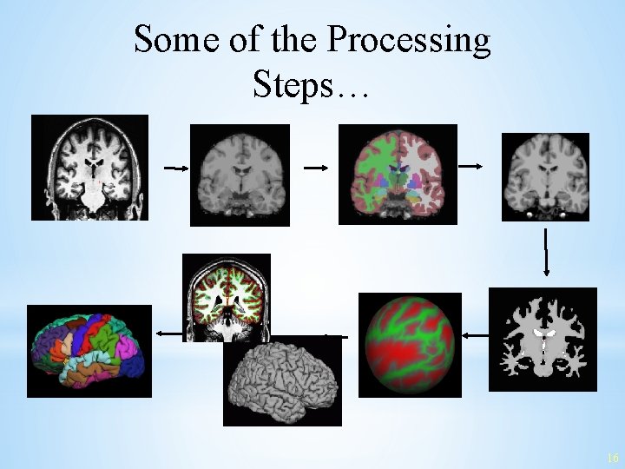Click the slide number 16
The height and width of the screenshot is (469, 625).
pyautogui.click(x=613, y=458)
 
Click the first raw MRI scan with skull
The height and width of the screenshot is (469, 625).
pyautogui.click(x=89, y=167)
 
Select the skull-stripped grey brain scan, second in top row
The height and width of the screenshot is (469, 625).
pyautogui.click(x=240, y=175)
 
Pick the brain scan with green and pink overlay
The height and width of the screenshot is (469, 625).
pyautogui.click(x=398, y=174)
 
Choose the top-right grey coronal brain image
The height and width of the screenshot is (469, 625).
pyautogui.click(x=545, y=176)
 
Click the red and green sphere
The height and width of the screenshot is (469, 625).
pyautogui.click(x=410, y=345)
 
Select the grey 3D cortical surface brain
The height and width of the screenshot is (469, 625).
pyautogui.click(x=282, y=381)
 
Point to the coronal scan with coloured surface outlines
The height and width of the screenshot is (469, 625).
pyautogui.click(x=227, y=296)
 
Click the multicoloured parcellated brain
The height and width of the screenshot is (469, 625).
pyautogui.click(x=89, y=351)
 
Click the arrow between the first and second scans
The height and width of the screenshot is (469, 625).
pyautogui.click(x=175, y=168)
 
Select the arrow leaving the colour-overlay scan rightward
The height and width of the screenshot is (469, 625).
pyautogui.click(x=473, y=165)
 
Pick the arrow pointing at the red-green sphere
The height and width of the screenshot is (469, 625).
pyautogui.click(x=475, y=334)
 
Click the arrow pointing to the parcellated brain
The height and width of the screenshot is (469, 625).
pyautogui.click(x=168, y=333)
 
